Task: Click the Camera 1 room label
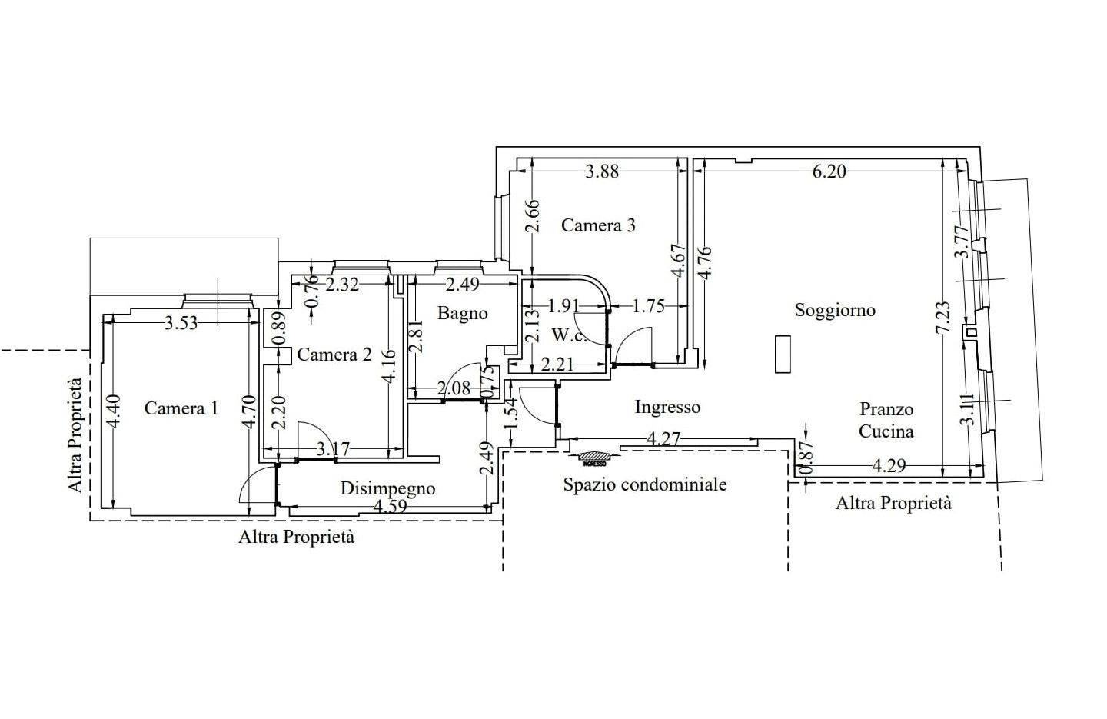point(181,408)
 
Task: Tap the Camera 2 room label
point(334,355)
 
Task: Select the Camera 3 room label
point(598,225)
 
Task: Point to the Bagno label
point(463,313)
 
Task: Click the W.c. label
point(570,335)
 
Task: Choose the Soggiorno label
point(835,310)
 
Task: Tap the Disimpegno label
point(388,488)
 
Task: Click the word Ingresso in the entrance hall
point(667,407)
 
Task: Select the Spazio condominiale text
point(645,484)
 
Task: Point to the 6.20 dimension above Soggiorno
point(829,171)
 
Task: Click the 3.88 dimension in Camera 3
point(602,171)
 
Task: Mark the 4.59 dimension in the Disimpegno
point(391,507)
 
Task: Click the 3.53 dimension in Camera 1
point(181,323)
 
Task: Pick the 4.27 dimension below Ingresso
point(663,439)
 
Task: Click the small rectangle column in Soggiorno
point(783,355)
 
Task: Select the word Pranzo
point(886,409)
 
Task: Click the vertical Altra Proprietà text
point(75,435)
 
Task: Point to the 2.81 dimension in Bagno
point(416,336)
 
